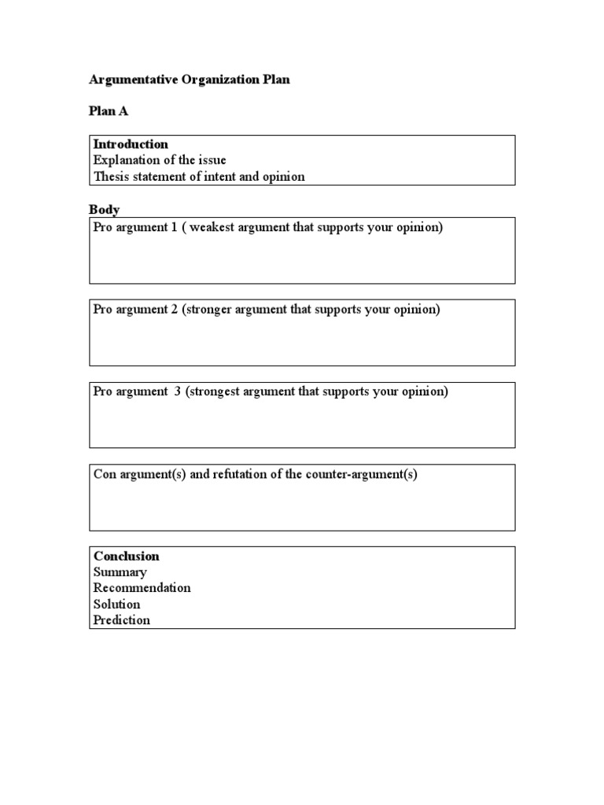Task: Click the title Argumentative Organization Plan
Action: point(189,80)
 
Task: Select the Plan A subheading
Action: point(109,111)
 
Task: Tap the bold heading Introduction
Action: point(131,144)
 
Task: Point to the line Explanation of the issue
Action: point(160,160)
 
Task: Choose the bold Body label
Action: point(105,209)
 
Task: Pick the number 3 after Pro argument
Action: point(178,391)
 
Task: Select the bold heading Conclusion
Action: point(127,556)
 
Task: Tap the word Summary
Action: point(120,572)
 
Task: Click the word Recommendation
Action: point(142,588)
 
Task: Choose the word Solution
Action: point(116,605)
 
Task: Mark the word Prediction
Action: point(122,620)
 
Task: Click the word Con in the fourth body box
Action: point(104,474)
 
